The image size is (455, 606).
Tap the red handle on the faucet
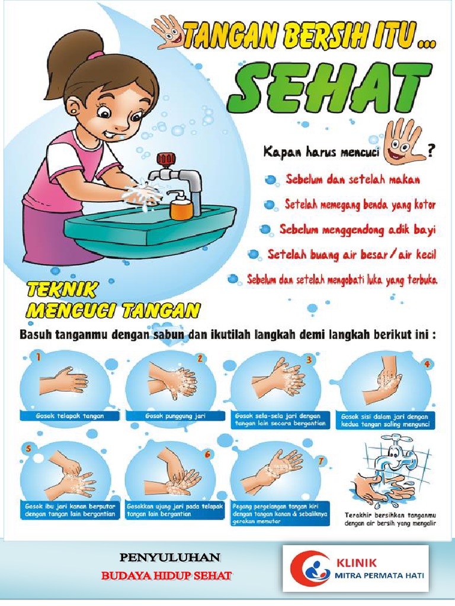click(x=166, y=159)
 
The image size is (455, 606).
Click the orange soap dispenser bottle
click(x=181, y=205)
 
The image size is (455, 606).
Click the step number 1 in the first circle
click(x=39, y=357)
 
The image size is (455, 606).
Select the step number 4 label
click(x=427, y=364)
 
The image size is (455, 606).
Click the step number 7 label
click(x=321, y=460)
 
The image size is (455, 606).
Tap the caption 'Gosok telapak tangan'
click(x=70, y=416)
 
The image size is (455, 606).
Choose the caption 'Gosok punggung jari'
click(x=175, y=416)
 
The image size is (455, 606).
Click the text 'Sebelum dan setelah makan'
click(x=353, y=180)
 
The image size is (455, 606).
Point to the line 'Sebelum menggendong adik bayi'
click(x=358, y=230)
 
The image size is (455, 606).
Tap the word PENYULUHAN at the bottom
click(x=169, y=557)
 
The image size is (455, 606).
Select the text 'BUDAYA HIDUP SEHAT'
click(x=166, y=575)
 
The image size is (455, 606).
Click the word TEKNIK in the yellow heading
click(x=61, y=290)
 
